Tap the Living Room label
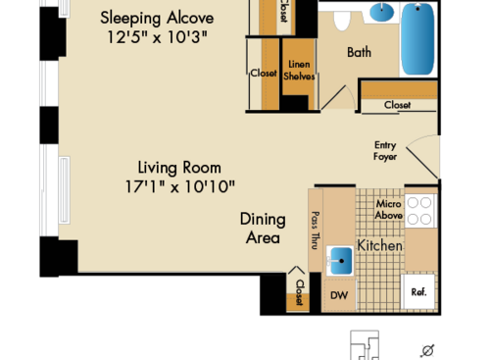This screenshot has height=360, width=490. coord(179,167)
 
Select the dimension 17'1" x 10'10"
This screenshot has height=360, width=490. coord(180,186)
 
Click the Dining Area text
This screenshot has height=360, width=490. coord(263,229)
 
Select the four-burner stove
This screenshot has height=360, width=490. coord(420,211)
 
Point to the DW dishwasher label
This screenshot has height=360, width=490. coord(338,295)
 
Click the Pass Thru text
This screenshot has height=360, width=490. coord(315,231)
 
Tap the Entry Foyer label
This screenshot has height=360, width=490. coord(385,151)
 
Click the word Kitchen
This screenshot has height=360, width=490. coord(379,245)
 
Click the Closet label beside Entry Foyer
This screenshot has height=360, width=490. coord(397,104)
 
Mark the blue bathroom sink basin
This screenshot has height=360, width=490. coord(383,14)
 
